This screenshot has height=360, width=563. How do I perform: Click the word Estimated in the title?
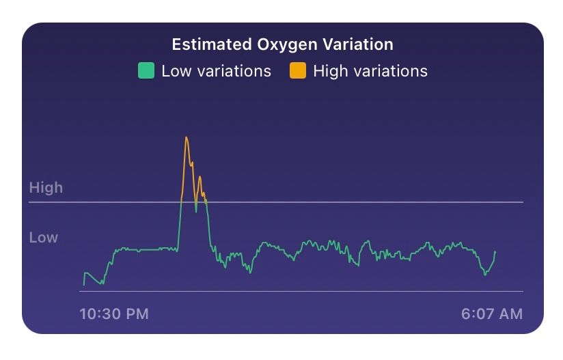point(211,45)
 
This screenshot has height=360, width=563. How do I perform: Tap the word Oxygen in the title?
point(288,45)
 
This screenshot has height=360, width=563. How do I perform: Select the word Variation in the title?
point(359,45)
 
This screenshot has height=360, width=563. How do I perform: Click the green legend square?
point(146,71)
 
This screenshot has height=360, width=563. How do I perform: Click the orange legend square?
point(297,71)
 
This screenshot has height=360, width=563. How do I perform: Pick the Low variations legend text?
point(216,71)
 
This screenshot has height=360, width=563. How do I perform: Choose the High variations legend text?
point(370,71)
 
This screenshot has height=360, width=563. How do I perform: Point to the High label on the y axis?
point(46,188)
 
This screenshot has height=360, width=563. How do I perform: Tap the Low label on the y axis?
point(44,238)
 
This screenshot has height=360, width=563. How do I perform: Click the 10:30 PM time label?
point(114,314)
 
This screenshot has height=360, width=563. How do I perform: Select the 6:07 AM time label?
point(492,314)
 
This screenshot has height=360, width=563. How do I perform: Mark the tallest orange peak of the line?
point(186,137)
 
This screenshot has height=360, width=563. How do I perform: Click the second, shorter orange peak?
point(200,177)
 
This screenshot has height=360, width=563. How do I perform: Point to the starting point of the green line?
point(84,284)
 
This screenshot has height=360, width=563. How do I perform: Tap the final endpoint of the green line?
point(495,252)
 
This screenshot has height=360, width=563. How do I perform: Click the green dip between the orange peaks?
point(196,210)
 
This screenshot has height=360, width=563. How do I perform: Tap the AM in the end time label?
point(510,314)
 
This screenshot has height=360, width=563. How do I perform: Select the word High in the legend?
point(330,71)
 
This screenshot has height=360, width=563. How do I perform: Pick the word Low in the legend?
point(176,71)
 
